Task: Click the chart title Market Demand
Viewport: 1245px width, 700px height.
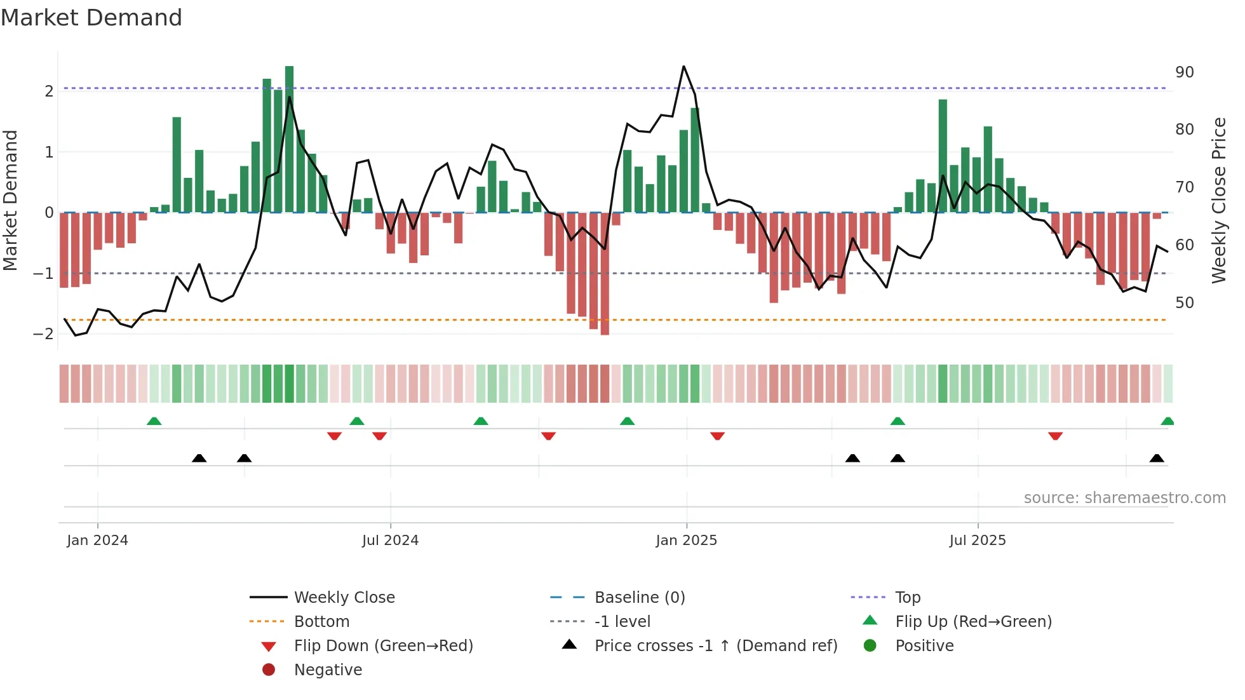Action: [x=91, y=18]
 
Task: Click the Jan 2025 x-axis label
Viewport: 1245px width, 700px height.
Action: [x=686, y=541]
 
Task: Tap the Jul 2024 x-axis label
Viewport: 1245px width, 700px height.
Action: [x=390, y=541]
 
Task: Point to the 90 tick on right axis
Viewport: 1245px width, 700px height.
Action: [x=1184, y=72]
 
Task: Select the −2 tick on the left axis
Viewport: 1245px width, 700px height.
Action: [x=43, y=334]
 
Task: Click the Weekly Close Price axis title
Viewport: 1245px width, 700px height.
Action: [x=1218, y=200]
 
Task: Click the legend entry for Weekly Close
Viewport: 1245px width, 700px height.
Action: [x=344, y=598]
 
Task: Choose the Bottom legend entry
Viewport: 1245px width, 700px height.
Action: [x=321, y=622]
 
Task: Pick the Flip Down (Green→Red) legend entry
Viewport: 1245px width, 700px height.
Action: [x=383, y=646]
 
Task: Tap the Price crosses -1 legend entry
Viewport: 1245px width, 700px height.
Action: [x=715, y=646]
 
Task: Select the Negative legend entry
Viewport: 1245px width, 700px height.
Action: [x=328, y=670]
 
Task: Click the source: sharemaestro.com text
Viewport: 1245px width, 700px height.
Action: [x=1124, y=498]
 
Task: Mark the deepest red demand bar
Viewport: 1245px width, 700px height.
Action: [x=605, y=273]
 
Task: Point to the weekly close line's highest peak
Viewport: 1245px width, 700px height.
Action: [x=683, y=67]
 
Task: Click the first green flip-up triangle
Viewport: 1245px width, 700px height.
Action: [x=154, y=421]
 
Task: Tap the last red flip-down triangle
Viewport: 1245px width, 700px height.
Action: [x=1055, y=436]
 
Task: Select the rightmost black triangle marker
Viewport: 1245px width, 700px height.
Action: [x=1157, y=458]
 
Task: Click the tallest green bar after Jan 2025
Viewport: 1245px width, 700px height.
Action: [x=943, y=156]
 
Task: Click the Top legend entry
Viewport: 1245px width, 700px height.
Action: [x=907, y=598]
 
